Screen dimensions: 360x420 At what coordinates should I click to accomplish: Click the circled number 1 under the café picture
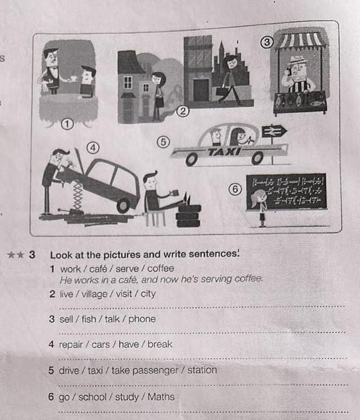(67, 124)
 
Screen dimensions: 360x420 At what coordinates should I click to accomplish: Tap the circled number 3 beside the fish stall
(267, 42)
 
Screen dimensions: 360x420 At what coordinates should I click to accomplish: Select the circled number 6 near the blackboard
(235, 189)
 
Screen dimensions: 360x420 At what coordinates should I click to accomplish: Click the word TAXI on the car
(225, 152)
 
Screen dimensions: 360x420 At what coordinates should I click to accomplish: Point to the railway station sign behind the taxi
(274, 132)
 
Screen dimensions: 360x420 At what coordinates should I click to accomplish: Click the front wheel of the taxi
(191, 160)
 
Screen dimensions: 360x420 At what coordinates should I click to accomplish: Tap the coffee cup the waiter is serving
(73, 78)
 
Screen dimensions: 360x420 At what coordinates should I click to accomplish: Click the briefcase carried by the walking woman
(222, 91)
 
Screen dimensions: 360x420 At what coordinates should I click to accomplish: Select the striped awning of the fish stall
(301, 41)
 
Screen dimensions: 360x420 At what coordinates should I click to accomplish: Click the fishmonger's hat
(298, 60)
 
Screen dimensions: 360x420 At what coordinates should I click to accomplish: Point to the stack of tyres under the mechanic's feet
(188, 216)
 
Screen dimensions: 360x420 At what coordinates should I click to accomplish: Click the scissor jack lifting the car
(78, 195)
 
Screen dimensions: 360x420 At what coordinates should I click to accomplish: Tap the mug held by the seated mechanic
(175, 192)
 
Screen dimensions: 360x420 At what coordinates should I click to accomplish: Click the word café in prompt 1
(98, 268)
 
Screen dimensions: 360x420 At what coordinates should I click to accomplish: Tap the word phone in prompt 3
(142, 319)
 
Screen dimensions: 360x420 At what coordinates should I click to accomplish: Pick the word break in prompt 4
(160, 344)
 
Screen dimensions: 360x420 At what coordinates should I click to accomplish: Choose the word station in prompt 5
(202, 370)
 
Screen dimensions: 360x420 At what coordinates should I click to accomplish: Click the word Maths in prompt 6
(161, 397)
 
